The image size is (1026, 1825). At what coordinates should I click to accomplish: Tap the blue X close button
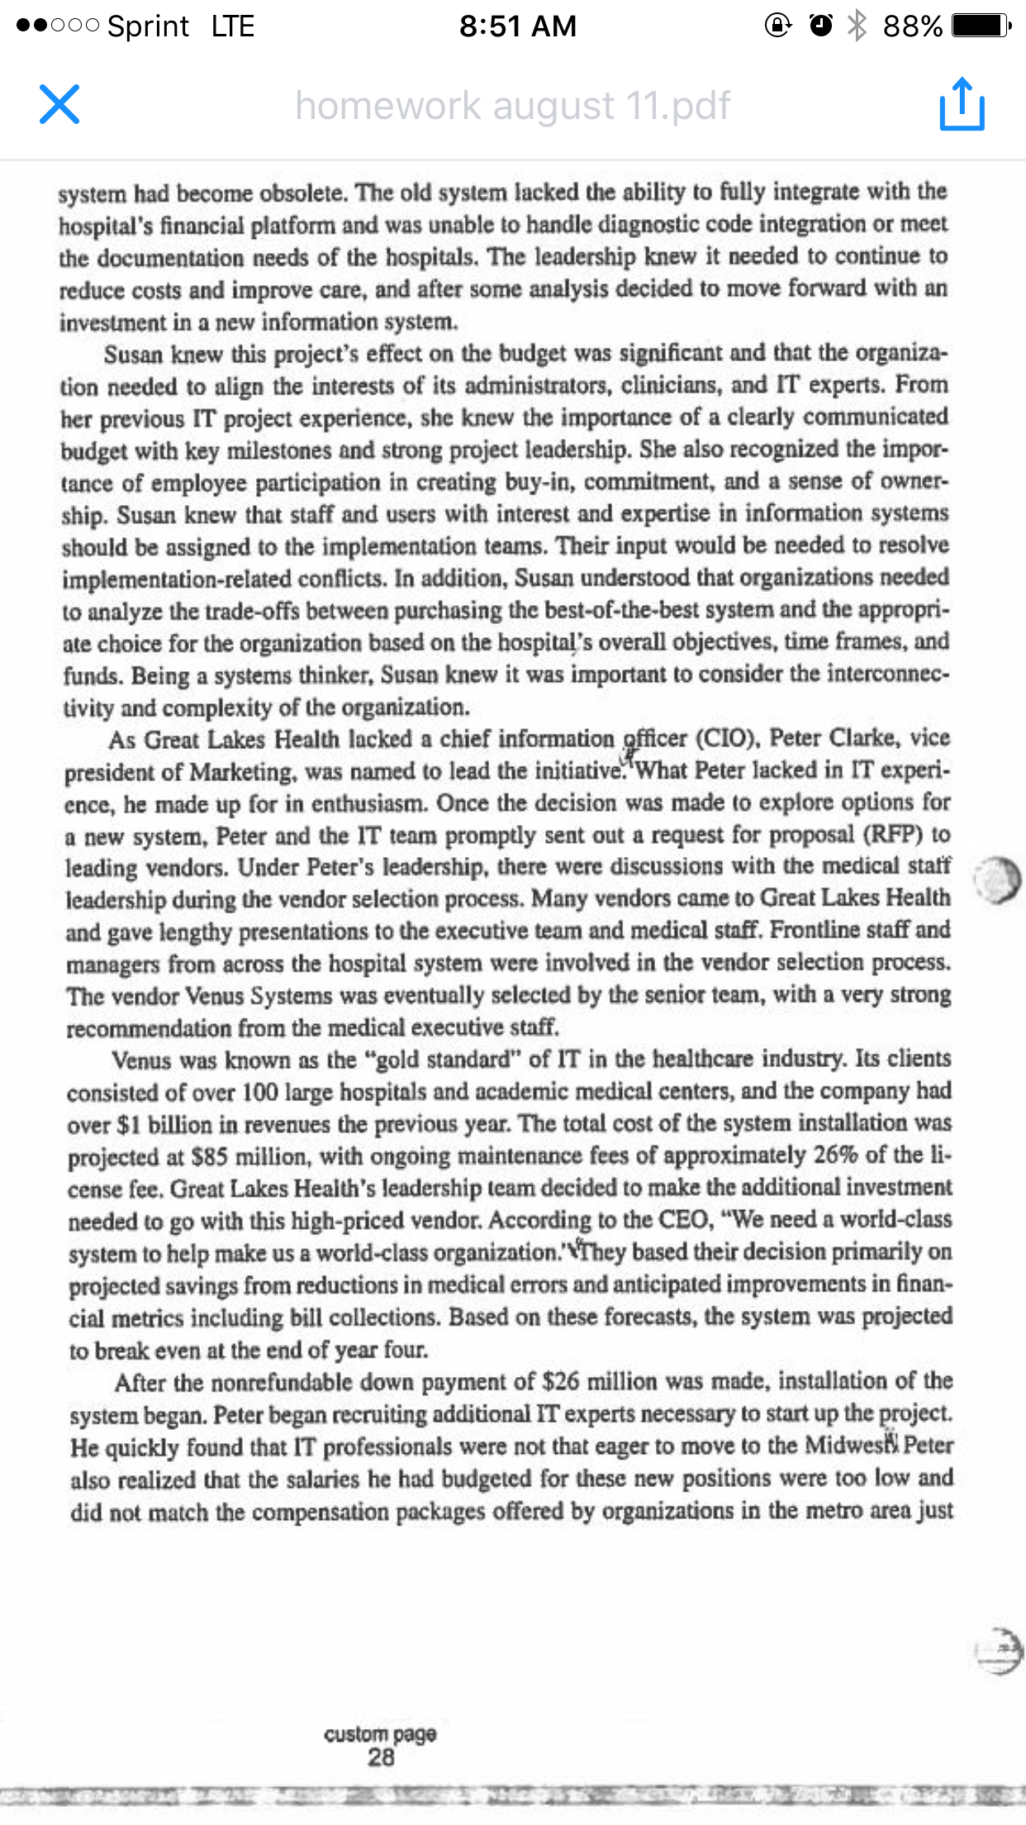(59, 104)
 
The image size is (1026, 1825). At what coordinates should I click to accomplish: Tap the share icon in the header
(962, 104)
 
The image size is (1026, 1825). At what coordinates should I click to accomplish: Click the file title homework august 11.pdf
(512, 106)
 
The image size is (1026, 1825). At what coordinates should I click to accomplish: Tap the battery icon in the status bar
(980, 26)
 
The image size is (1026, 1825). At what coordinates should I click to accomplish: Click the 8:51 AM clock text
(518, 26)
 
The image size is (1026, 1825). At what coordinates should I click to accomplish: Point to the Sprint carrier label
(149, 26)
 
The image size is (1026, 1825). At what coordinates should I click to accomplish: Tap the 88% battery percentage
(912, 26)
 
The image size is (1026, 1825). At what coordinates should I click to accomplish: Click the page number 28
(381, 1757)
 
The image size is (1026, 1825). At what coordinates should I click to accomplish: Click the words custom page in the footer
(380, 1733)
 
